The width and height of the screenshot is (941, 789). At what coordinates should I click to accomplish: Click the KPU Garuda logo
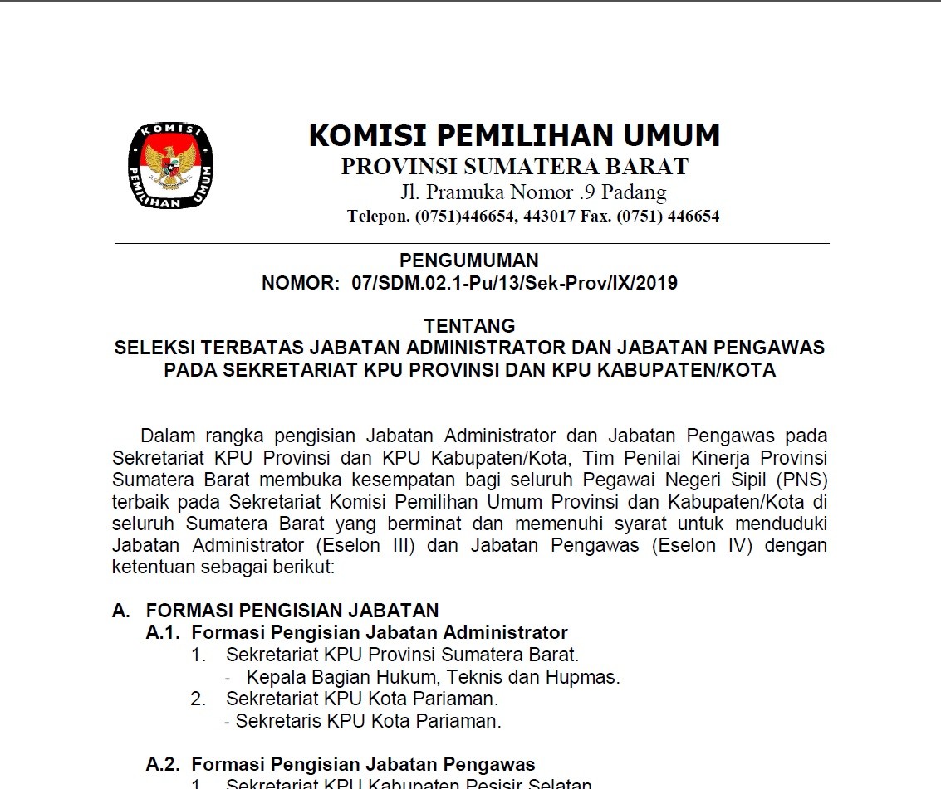(x=170, y=166)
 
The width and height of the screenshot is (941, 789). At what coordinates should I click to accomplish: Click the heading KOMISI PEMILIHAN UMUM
(x=514, y=135)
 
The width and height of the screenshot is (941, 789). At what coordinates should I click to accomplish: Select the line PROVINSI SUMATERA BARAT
(x=514, y=167)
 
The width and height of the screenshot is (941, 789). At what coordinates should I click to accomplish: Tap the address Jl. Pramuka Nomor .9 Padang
(x=532, y=193)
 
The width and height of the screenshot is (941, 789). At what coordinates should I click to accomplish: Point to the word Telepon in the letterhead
(x=378, y=217)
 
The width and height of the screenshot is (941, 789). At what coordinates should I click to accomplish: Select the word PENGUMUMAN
(x=469, y=261)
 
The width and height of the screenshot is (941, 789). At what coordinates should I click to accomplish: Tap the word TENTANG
(x=469, y=326)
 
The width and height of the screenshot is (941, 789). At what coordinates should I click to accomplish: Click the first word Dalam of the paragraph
(x=164, y=436)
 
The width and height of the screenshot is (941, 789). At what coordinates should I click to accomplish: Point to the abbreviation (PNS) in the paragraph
(x=803, y=480)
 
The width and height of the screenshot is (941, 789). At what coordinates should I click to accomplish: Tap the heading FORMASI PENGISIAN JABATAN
(x=292, y=611)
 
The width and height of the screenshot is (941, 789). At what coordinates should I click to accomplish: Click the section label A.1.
(x=163, y=633)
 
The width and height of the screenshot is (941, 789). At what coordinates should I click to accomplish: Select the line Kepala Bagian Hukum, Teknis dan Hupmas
(x=433, y=677)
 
